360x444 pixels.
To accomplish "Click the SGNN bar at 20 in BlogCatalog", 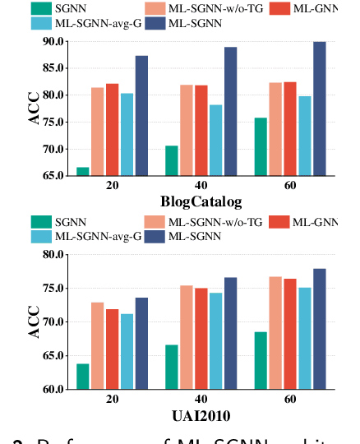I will [83, 171].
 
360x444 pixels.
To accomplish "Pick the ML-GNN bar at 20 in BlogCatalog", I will [112, 129].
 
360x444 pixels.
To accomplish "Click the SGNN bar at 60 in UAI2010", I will [261, 360].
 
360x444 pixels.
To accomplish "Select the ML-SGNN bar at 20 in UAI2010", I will [141, 343].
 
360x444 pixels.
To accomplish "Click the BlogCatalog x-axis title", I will [201, 201].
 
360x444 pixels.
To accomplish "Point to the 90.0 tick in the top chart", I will [53, 41].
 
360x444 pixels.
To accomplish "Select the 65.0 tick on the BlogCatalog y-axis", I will [53, 176].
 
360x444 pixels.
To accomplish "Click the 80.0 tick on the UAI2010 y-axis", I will [53, 254].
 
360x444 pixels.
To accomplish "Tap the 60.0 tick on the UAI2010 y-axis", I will [53, 389].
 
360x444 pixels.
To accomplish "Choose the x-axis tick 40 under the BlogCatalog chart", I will [201, 186].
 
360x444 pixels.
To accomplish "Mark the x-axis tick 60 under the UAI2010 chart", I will [289, 400].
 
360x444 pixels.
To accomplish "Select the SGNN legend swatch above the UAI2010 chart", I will [41, 221].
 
